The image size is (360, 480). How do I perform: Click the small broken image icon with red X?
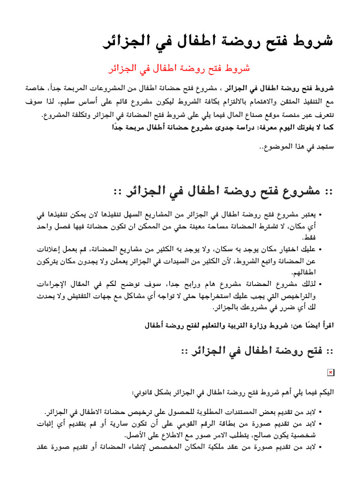330,372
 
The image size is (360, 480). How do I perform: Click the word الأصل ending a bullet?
136,435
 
